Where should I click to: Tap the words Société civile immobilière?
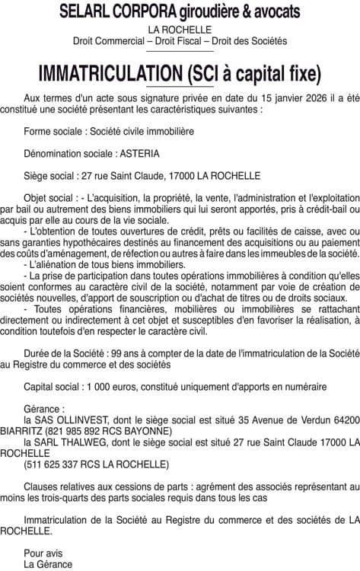tap(141, 131)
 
